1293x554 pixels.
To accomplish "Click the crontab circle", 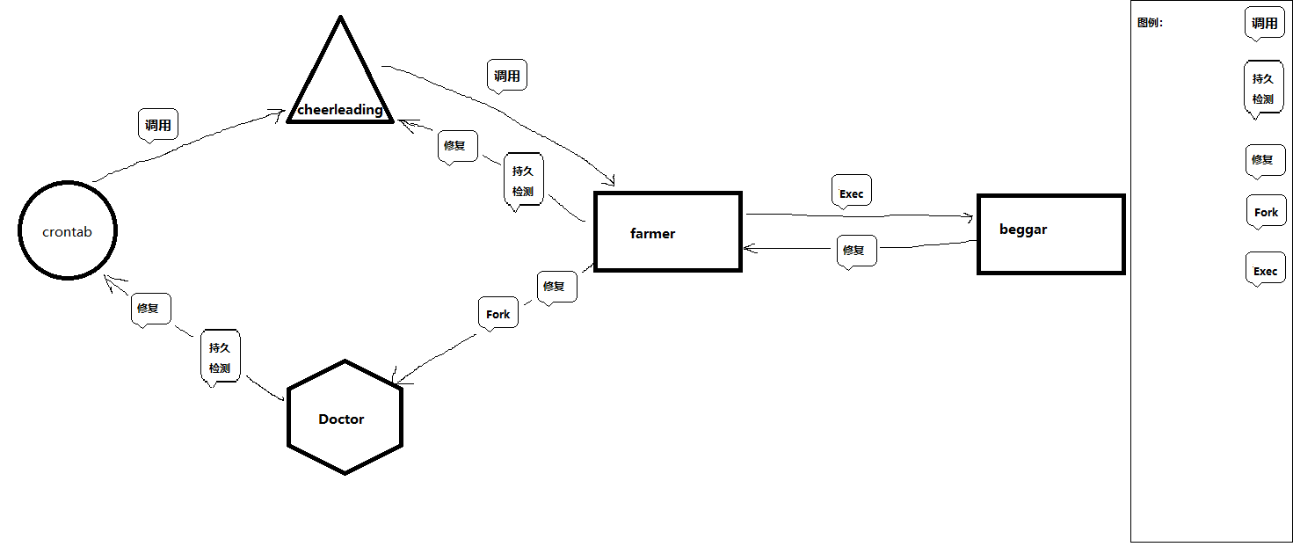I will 68,231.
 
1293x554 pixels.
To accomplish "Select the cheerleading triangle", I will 340,88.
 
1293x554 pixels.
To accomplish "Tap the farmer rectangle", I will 668,232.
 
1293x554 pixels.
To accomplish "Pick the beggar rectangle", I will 1050,234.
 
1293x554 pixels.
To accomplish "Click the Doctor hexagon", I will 345,418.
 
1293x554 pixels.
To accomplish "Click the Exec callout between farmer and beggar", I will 851,192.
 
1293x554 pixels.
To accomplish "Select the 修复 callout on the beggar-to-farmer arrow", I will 854,251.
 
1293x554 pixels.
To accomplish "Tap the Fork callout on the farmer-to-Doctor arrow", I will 498,313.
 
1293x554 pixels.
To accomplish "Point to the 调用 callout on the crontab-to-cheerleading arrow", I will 158,125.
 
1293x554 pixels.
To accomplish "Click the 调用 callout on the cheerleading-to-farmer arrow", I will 506,76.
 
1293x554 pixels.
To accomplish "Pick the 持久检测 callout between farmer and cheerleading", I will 523,179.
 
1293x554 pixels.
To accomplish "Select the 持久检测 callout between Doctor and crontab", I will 220,357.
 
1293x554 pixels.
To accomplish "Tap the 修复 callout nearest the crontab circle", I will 150,310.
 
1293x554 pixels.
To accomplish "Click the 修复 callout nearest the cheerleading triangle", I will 455,146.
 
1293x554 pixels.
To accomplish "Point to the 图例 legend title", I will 1150,23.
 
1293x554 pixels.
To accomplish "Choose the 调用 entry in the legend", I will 1265,23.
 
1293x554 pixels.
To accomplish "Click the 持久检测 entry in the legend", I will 1263,88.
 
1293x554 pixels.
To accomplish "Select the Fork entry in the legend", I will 1266,212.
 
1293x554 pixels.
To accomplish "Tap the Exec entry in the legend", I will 1266,270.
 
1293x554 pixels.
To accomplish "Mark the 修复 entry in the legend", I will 1264,160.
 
